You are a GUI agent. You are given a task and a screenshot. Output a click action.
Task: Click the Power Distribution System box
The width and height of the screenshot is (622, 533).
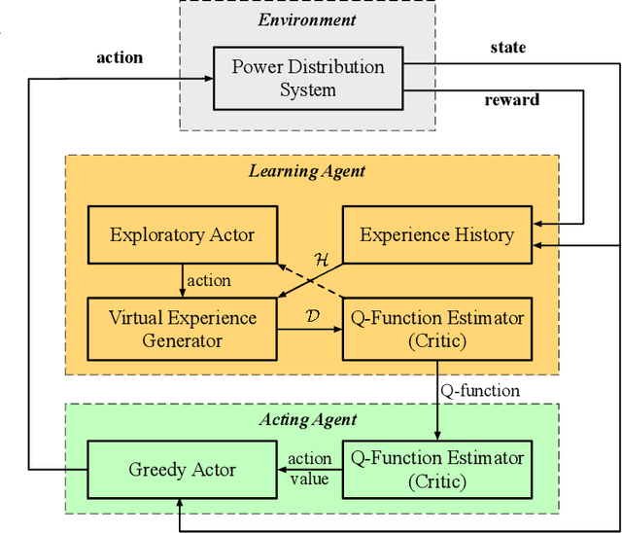click(x=307, y=79)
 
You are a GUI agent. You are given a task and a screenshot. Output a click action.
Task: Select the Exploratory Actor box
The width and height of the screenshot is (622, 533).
click(x=183, y=234)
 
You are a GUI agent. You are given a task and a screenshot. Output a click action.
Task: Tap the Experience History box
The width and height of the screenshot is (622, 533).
click(x=436, y=234)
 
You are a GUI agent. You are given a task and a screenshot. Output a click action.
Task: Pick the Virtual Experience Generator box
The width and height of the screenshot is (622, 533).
click(x=183, y=329)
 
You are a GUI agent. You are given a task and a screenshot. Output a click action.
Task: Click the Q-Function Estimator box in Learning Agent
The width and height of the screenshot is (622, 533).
click(x=436, y=329)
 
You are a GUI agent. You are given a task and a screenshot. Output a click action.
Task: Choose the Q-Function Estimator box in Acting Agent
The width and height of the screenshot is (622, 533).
click(x=436, y=469)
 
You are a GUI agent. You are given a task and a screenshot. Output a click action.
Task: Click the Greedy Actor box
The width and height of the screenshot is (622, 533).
click(x=183, y=469)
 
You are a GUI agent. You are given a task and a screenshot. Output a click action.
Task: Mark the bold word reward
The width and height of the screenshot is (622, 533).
click(x=512, y=100)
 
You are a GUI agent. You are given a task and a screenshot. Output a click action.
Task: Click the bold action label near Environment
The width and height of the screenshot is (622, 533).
click(x=120, y=57)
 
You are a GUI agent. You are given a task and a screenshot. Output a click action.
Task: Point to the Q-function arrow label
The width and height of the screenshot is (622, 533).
click(x=480, y=390)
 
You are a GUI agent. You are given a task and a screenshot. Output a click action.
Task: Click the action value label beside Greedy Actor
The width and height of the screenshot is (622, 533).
click(x=310, y=469)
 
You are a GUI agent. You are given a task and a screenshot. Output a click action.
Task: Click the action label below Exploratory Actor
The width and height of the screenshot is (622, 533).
click(x=209, y=281)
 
